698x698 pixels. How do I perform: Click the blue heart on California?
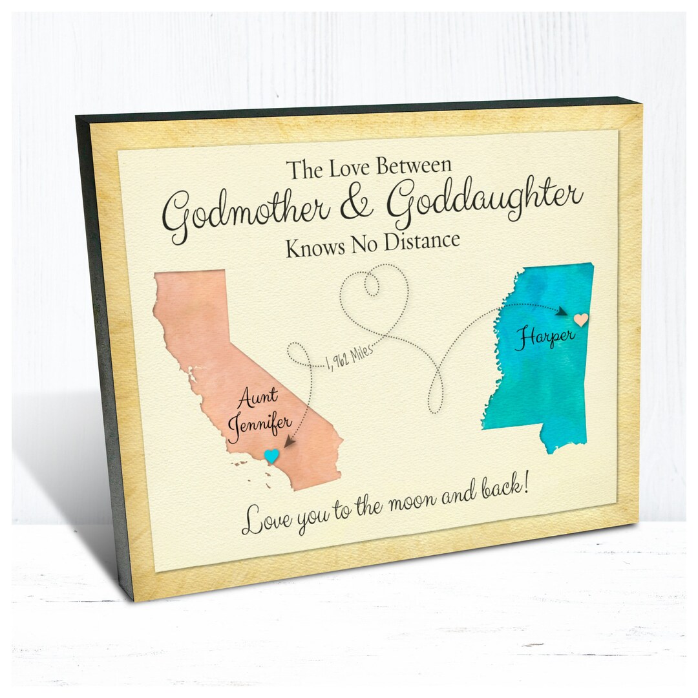pos(272,456)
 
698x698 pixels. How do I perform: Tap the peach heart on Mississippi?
pos(581,320)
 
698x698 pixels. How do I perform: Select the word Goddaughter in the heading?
pos(485,196)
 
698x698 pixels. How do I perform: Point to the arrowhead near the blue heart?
pos(289,443)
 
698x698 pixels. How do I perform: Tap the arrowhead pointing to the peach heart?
pos(563,312)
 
